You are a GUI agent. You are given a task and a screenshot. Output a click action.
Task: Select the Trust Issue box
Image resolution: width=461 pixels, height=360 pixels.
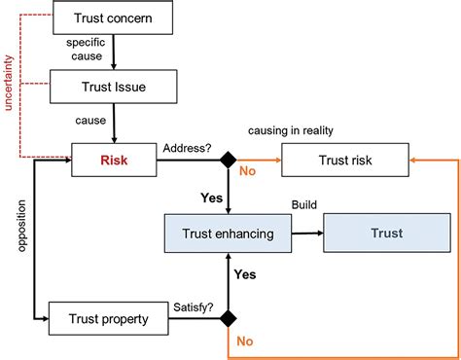113,87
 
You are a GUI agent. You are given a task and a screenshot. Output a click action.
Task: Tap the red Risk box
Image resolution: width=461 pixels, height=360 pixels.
113,159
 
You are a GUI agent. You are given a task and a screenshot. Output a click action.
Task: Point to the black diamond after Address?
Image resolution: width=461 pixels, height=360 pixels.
227,159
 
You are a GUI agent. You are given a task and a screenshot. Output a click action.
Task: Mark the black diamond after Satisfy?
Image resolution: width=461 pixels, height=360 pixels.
227,317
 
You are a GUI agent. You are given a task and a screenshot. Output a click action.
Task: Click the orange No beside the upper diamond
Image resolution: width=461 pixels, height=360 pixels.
249,172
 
